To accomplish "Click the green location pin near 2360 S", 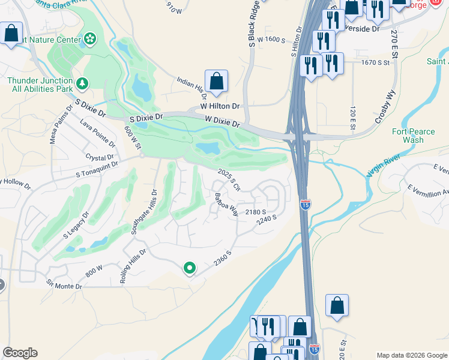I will tap(190, 268).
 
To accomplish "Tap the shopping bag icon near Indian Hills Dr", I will tap(216, 81).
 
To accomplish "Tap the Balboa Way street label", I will tap(226, 204).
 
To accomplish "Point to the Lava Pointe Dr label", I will tap(97, 133).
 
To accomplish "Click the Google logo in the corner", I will tap(20, 353).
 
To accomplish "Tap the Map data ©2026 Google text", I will tap(412, 355).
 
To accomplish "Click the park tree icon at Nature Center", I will tap(90, 39).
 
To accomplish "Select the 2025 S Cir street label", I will tap(229, 179).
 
